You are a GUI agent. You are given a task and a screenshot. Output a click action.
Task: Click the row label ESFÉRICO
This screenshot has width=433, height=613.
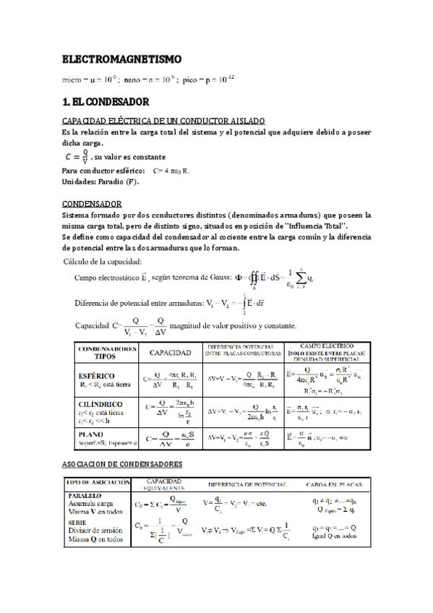[x=98, y=376]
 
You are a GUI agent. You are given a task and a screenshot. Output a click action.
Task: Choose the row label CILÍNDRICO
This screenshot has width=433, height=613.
[x=100, y=404]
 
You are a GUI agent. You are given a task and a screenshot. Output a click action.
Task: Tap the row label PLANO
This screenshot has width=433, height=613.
[x=92, y=433]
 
